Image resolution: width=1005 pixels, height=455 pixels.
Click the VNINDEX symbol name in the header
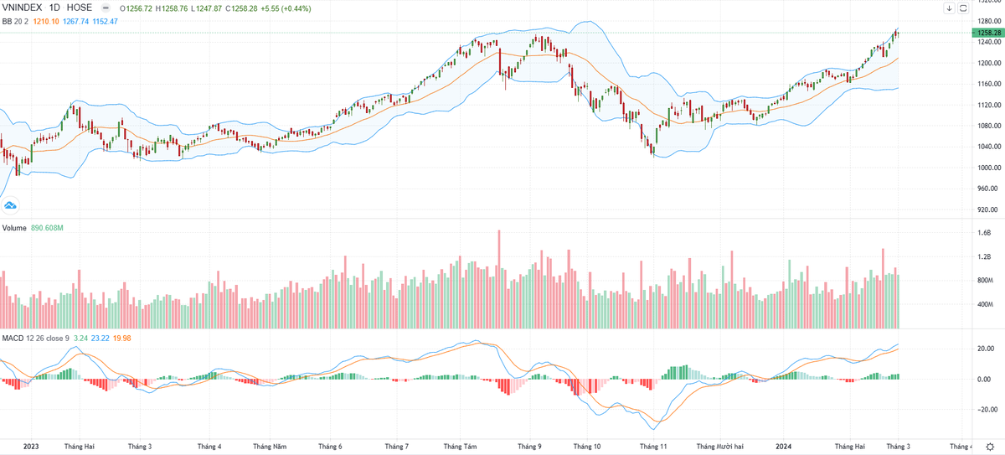23,8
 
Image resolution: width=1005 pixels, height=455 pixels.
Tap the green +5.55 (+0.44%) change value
286,8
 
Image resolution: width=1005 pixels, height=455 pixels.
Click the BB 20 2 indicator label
15,20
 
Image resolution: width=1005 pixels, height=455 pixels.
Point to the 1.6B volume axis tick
983,233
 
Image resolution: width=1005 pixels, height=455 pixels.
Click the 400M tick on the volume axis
984,304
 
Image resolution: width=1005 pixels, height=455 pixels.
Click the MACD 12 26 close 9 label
34,338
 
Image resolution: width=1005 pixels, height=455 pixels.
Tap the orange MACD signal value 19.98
122,338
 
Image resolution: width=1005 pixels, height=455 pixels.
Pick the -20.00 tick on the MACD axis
984,410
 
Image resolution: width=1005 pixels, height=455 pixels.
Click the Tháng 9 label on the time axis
529,447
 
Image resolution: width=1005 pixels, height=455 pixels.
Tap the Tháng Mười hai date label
719,447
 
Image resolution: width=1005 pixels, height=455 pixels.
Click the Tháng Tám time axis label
460,447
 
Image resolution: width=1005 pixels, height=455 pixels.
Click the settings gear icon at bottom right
989,447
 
